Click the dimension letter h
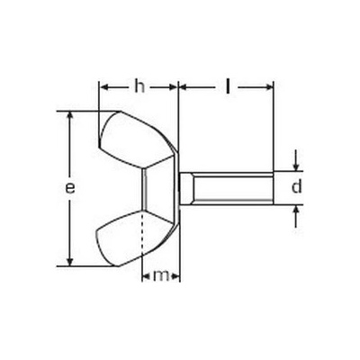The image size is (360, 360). click(139, 87)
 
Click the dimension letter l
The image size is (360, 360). click(228, 87)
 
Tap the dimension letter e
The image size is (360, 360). click(70, 188)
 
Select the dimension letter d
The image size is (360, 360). click(296, 186)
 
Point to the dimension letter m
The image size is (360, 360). click(161, 275)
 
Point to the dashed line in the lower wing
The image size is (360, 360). click(142, 234)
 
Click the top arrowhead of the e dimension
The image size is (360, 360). click(70, 115)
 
